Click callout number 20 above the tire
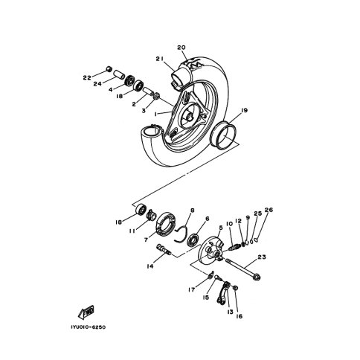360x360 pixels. pos(181,48)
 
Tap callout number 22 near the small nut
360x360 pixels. pos(87,78)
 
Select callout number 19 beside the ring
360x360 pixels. pos(244,110)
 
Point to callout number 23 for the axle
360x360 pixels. pos(262,257)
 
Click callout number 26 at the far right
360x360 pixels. pos(269,210)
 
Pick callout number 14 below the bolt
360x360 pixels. pos(150,266)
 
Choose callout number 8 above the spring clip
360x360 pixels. pos(192,210)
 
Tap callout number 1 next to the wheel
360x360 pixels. pos(156,114)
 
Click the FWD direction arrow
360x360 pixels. pos(86,312)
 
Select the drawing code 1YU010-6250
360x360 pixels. pos(88,327)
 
